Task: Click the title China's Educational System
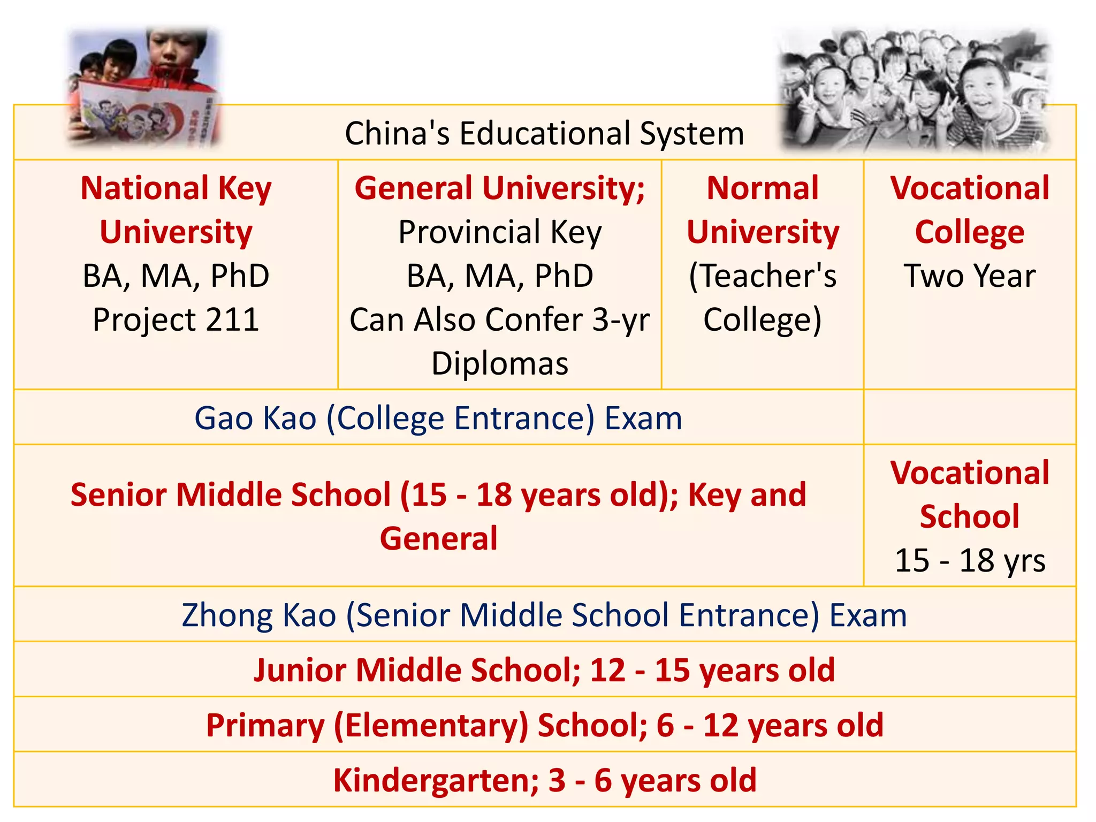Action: [x=544, y=133]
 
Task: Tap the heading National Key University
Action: [x=176, y=210]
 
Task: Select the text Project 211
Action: [x=176, y=319]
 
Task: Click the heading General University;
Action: [x=500, y=188]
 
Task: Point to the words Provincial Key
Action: [x=500, y=232]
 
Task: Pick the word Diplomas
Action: [x=500, y=364]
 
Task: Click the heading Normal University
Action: [x=763, y=210]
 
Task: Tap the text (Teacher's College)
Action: [x=763, y=298]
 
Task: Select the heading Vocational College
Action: [x=970, y=210]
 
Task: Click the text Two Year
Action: [x=970, y=276]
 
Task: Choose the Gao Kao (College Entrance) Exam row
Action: [x=438, y=418]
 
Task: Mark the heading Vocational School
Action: [x=970, y=494]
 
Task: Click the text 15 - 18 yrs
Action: [x=970, y=561]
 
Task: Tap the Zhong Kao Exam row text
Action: [x=544, y=615]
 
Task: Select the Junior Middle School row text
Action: [x=544, y=670]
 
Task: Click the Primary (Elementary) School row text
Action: [x=544, y=725]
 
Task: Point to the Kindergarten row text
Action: [x=544, y=780]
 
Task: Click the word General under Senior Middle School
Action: [x=438, y=538]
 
